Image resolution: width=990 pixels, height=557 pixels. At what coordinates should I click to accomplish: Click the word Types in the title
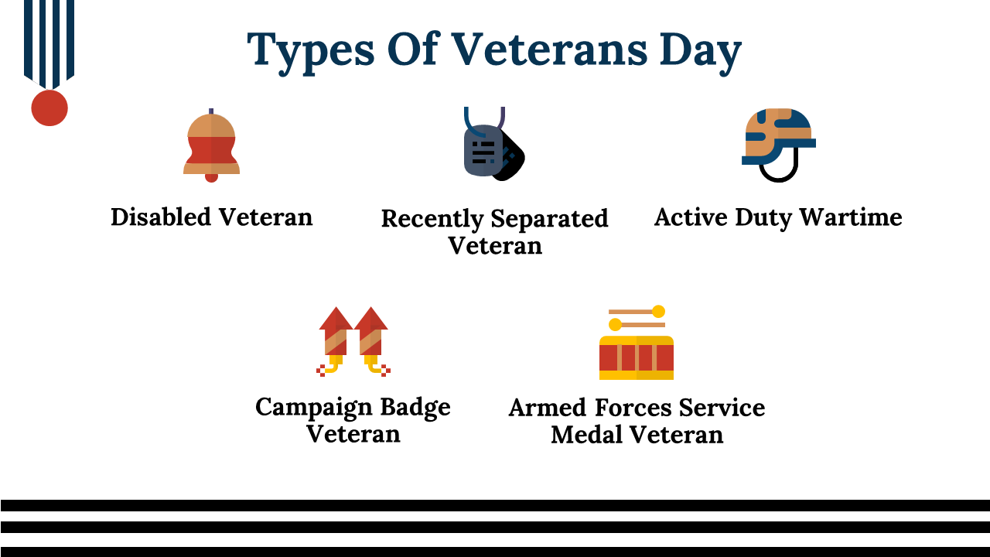pyautogui.click(x=311, y=51)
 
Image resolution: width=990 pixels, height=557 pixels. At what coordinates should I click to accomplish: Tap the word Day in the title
pyautogui.click(x=701, y=51)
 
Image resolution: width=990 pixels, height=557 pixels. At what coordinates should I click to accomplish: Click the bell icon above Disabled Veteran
pyautogui.click(x=211, y=145)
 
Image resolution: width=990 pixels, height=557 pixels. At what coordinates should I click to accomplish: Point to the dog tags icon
pyautogui.click(x=493, y=144)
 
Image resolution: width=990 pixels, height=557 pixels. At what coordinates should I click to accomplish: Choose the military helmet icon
pyautogui.click(x=778, y=145)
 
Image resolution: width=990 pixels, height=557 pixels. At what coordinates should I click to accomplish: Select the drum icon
pyautogui.click(x=637, y=342)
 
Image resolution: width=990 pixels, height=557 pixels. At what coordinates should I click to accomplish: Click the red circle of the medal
pyautogui.click(x=49, y=108)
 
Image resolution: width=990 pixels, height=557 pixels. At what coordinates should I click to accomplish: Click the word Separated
pyautogui.click(x=549, y=218)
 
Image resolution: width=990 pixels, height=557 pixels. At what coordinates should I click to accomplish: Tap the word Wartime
pyautogui.click(x=851, y=217)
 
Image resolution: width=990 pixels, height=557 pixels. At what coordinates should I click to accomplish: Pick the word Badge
pyautogui.click(x=415, y=408)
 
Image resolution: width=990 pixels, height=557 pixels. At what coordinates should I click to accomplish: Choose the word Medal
pyautogui.click(x=586, y=434)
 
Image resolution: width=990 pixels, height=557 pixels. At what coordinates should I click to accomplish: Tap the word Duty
pyautogui.click(x=763, y=217)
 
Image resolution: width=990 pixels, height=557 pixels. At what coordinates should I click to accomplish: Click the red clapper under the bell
pyautogui.click(x=211, y=178)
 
